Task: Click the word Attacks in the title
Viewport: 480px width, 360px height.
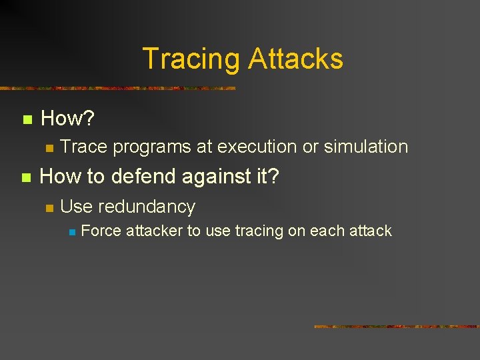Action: [295, 59]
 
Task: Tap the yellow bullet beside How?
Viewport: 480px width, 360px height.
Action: [27, 121]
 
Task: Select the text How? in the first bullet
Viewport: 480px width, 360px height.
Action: [67, 119]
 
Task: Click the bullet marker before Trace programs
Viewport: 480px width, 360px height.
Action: [48, 147]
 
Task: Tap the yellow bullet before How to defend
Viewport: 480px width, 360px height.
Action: [27, 178]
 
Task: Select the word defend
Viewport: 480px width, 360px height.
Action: [139, 177]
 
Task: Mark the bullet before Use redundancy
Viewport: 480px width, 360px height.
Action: [48, 208]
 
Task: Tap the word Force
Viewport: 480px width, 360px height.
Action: [101, 231]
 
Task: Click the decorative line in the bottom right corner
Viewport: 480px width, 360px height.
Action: [396, 327]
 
